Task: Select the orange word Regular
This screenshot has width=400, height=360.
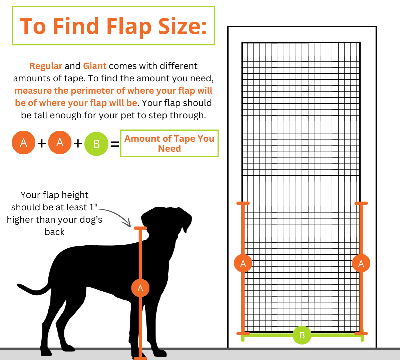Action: click(46, 66)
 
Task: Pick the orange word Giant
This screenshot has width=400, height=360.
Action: click(95, 66)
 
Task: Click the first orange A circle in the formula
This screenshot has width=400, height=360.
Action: click(23, 143)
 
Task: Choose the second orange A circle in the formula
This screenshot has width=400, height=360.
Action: click(60, 143)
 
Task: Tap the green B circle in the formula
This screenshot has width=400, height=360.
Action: click(96, 144)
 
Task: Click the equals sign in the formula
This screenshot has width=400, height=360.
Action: click(114, 144)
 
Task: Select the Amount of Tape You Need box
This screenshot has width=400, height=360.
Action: click(169, 143)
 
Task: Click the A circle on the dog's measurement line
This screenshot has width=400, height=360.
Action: click(140, 288)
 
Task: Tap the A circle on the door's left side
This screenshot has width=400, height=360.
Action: click(243, 263)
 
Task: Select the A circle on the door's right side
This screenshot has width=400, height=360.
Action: click(361, 263)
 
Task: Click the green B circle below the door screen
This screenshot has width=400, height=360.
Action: click(302, 335)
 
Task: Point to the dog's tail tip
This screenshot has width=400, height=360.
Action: click(19, 285)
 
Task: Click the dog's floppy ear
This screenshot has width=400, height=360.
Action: click(185, 220)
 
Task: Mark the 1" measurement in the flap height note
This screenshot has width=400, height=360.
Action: click(93, 207)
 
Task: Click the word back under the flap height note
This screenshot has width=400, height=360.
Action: click(54, 232)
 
